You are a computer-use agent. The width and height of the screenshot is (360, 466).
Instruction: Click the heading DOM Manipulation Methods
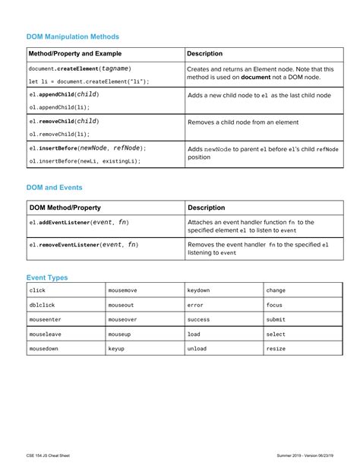[73, 36]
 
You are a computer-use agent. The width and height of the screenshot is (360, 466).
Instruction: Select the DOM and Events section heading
[55, 187]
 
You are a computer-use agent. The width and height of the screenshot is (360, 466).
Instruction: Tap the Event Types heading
[47, 277]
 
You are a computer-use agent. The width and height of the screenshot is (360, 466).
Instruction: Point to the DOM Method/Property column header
[65, 208]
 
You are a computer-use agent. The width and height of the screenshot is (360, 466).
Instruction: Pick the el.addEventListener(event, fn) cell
[79, 222]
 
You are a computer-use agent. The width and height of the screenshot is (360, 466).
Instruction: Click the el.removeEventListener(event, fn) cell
[84, 245]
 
